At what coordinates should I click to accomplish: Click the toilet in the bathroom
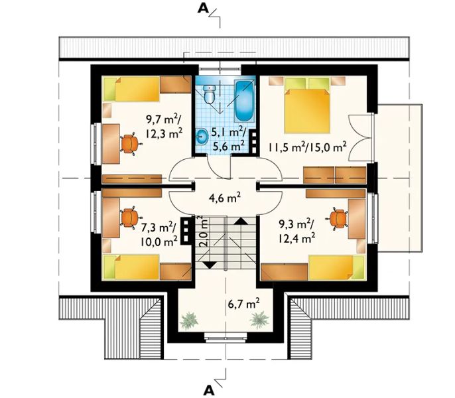(209, 94)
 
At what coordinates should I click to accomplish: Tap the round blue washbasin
(202, 137)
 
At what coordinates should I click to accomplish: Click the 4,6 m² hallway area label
(225, 198)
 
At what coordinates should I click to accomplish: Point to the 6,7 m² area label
(243, 304)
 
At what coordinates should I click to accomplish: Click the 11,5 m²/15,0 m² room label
(307, 147)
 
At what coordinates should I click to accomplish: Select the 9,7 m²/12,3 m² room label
(164, 126)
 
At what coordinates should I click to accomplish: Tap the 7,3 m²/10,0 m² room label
(159, 233)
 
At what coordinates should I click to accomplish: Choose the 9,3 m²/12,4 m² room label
(297, 232)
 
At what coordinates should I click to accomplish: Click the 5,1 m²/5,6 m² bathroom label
(228, 139)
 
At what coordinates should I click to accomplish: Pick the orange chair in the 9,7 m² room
(130, 144)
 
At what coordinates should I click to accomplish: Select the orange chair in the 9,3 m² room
(338, 219)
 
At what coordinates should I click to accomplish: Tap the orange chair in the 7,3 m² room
(130, 218)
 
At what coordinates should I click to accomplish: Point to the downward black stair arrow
(209, 265)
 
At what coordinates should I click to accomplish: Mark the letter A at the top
(203, 9)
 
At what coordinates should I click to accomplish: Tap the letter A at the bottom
(209, 391)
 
